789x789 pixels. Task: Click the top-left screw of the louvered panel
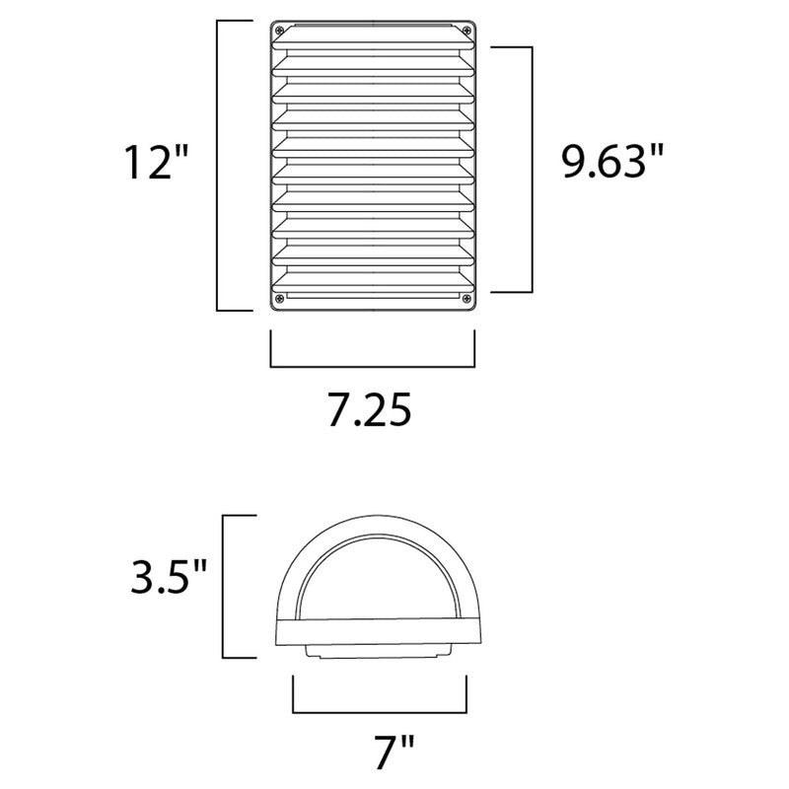click(x=280, y=29)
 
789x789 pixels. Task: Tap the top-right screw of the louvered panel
click(x=467, y=29)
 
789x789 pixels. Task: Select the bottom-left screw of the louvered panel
click(x=280, y=298)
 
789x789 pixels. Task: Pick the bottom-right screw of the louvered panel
click(x=467, y=298)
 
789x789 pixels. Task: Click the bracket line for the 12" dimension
click(x=218, y=163)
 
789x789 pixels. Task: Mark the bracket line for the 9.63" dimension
click(x=532, y=168)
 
